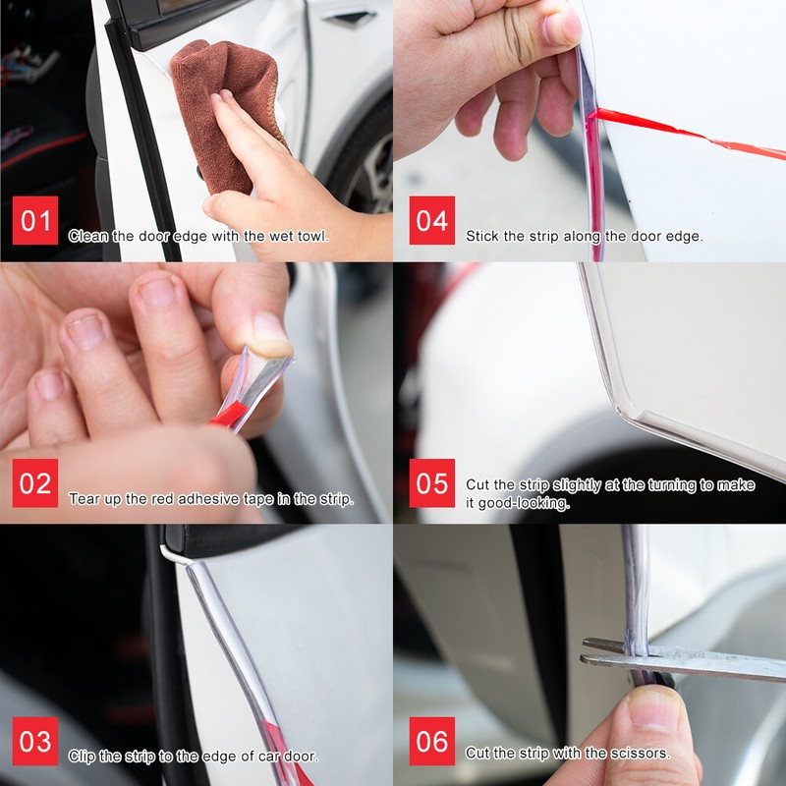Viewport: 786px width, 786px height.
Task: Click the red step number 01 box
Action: (x=35, y=221)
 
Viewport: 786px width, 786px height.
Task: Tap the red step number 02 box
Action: (x=35, y=483)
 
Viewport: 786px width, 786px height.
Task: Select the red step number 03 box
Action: (x=35, y=742)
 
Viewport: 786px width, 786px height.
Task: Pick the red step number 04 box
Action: (x=431, y=221)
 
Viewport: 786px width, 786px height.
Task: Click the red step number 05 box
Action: (x=431, y=483)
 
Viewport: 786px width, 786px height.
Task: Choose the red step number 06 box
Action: (x=431, y=742)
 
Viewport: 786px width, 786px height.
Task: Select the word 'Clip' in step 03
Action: (x=82, y=758)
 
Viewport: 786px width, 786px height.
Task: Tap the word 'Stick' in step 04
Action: (x=481, y=237)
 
